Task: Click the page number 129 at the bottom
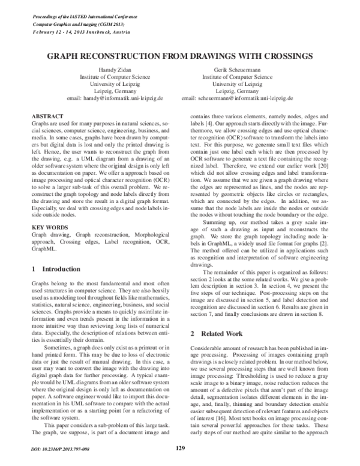click(x=180, y=446)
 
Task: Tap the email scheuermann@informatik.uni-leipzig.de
click(x=247, y=97)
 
